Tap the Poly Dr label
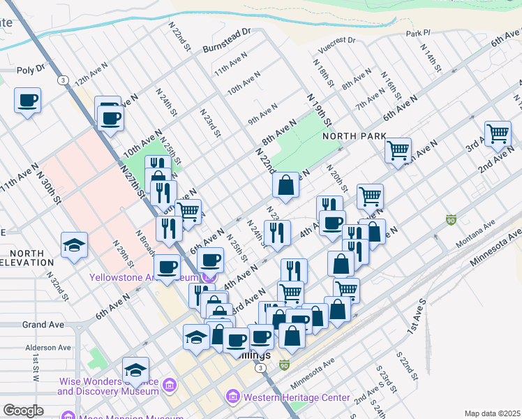coord(31,70)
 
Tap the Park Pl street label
coord(419,33)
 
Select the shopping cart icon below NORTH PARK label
coord(398,149)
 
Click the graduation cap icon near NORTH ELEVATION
coord(74,245)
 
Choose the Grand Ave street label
coord(43,325)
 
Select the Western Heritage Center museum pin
coord(233,397)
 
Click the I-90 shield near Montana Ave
coord(452,219)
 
